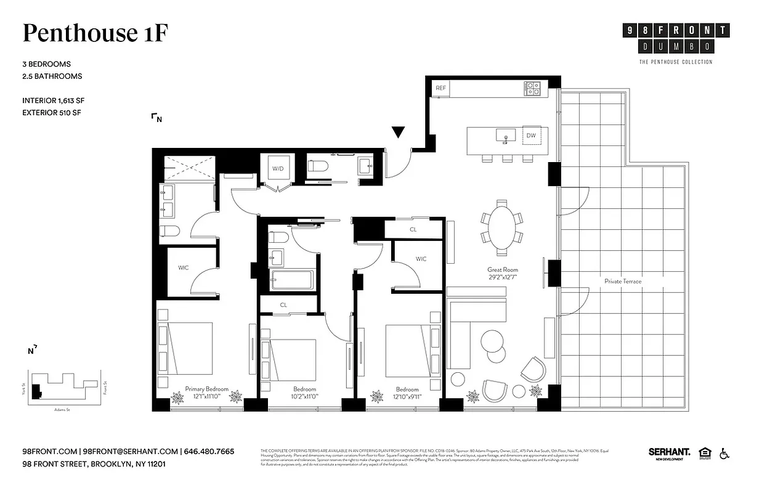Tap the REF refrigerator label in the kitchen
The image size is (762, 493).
[x=440, y=88]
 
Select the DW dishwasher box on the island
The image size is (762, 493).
[x=530, y=135]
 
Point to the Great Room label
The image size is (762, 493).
[x=502, y=269]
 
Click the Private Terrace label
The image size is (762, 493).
[x=622, y=281]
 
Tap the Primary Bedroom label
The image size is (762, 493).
[x=206, y=389]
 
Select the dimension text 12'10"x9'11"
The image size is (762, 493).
[x=407, y=397]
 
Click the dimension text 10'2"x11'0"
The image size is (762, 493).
[x=304, y=397]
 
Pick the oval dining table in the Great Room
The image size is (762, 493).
[x=502, y=226]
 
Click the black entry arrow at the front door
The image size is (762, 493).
[x=399, y=132]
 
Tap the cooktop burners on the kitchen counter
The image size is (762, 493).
[x=532, y=88]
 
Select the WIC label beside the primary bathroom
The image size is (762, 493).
[x=184, y=268]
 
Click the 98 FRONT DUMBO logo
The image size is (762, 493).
[x=675, y=38]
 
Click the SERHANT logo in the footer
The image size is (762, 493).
[x=669, y=453]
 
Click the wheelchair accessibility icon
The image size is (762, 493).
[x=724, y=454]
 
